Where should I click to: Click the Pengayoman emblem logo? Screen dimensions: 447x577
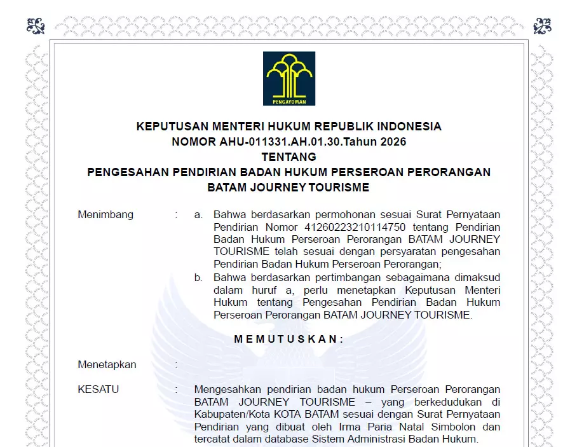point(289,78)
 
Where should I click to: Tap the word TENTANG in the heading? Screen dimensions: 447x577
point(288,157)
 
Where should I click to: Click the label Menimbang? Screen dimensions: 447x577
point(105,215)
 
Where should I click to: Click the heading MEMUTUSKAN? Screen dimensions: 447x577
point(288,340)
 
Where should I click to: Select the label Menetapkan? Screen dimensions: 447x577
point(107,365)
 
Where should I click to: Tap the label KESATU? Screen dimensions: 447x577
point(98,390)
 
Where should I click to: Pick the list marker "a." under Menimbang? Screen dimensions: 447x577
point(199,215)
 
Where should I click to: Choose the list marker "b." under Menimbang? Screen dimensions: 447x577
point(199,277)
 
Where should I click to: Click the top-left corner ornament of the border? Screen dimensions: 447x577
point(36,26)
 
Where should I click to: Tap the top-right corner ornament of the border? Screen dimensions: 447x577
point(542,26)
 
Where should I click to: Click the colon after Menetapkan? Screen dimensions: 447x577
point(176,365)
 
